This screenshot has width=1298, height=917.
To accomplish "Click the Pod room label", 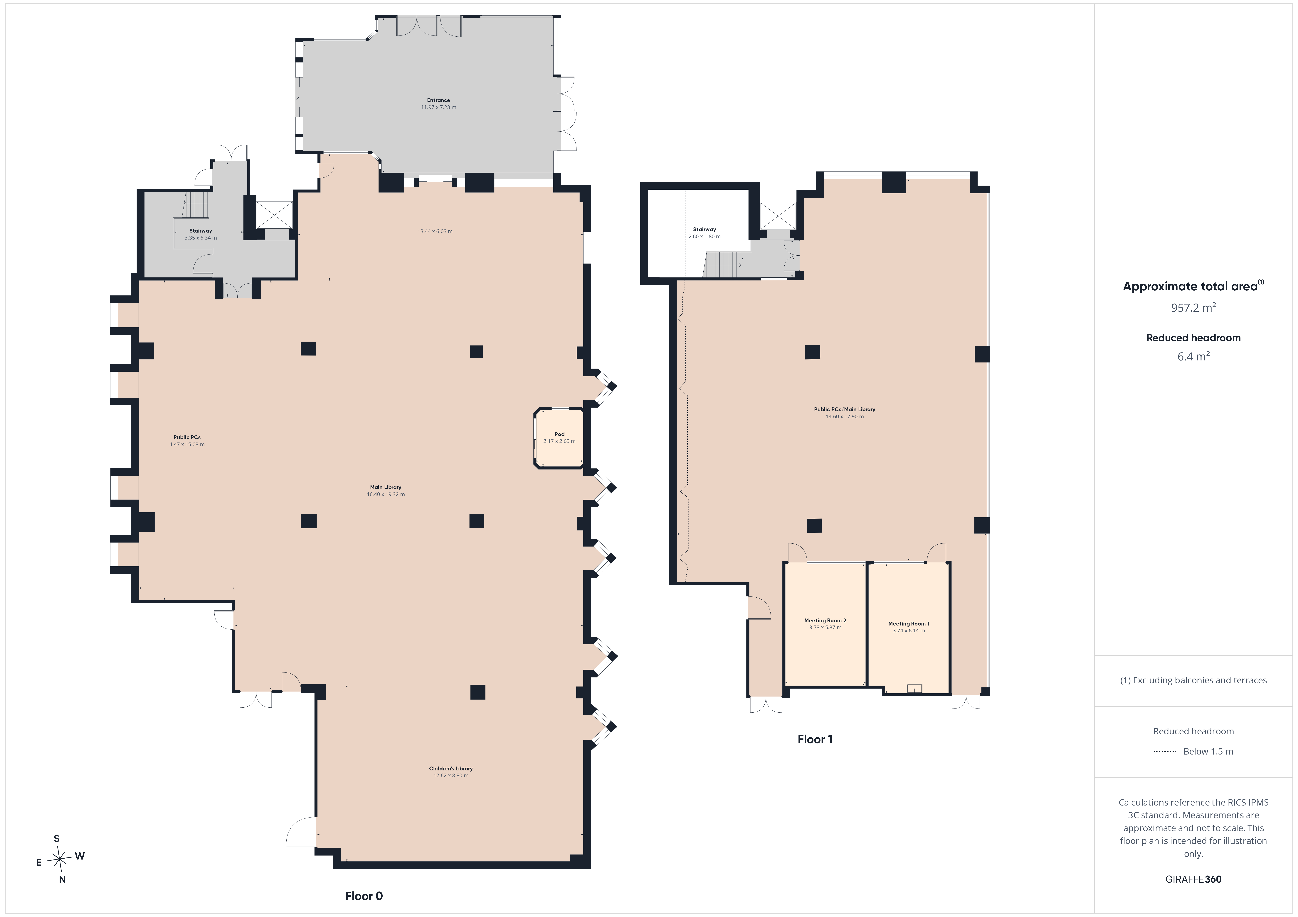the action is [559, 434].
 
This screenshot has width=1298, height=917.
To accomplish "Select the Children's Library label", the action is [450, 768].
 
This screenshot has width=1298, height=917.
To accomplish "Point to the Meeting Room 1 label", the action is [909, 624].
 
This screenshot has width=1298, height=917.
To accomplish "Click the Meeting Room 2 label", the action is [825, 620].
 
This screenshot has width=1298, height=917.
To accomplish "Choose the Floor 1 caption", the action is [815, 739].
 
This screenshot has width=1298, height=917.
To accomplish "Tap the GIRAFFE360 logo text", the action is [1193, 879].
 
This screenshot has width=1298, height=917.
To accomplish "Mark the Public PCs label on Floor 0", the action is [186, 437].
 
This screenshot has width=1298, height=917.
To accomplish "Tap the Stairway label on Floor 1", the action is [704, 229].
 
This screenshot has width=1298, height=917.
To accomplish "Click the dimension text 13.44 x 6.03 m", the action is [435, 231].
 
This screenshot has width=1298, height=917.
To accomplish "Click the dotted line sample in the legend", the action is [1165, 751].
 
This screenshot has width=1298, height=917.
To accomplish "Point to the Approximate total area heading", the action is [1193, 286].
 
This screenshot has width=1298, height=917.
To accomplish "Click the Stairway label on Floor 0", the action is [201, 230].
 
